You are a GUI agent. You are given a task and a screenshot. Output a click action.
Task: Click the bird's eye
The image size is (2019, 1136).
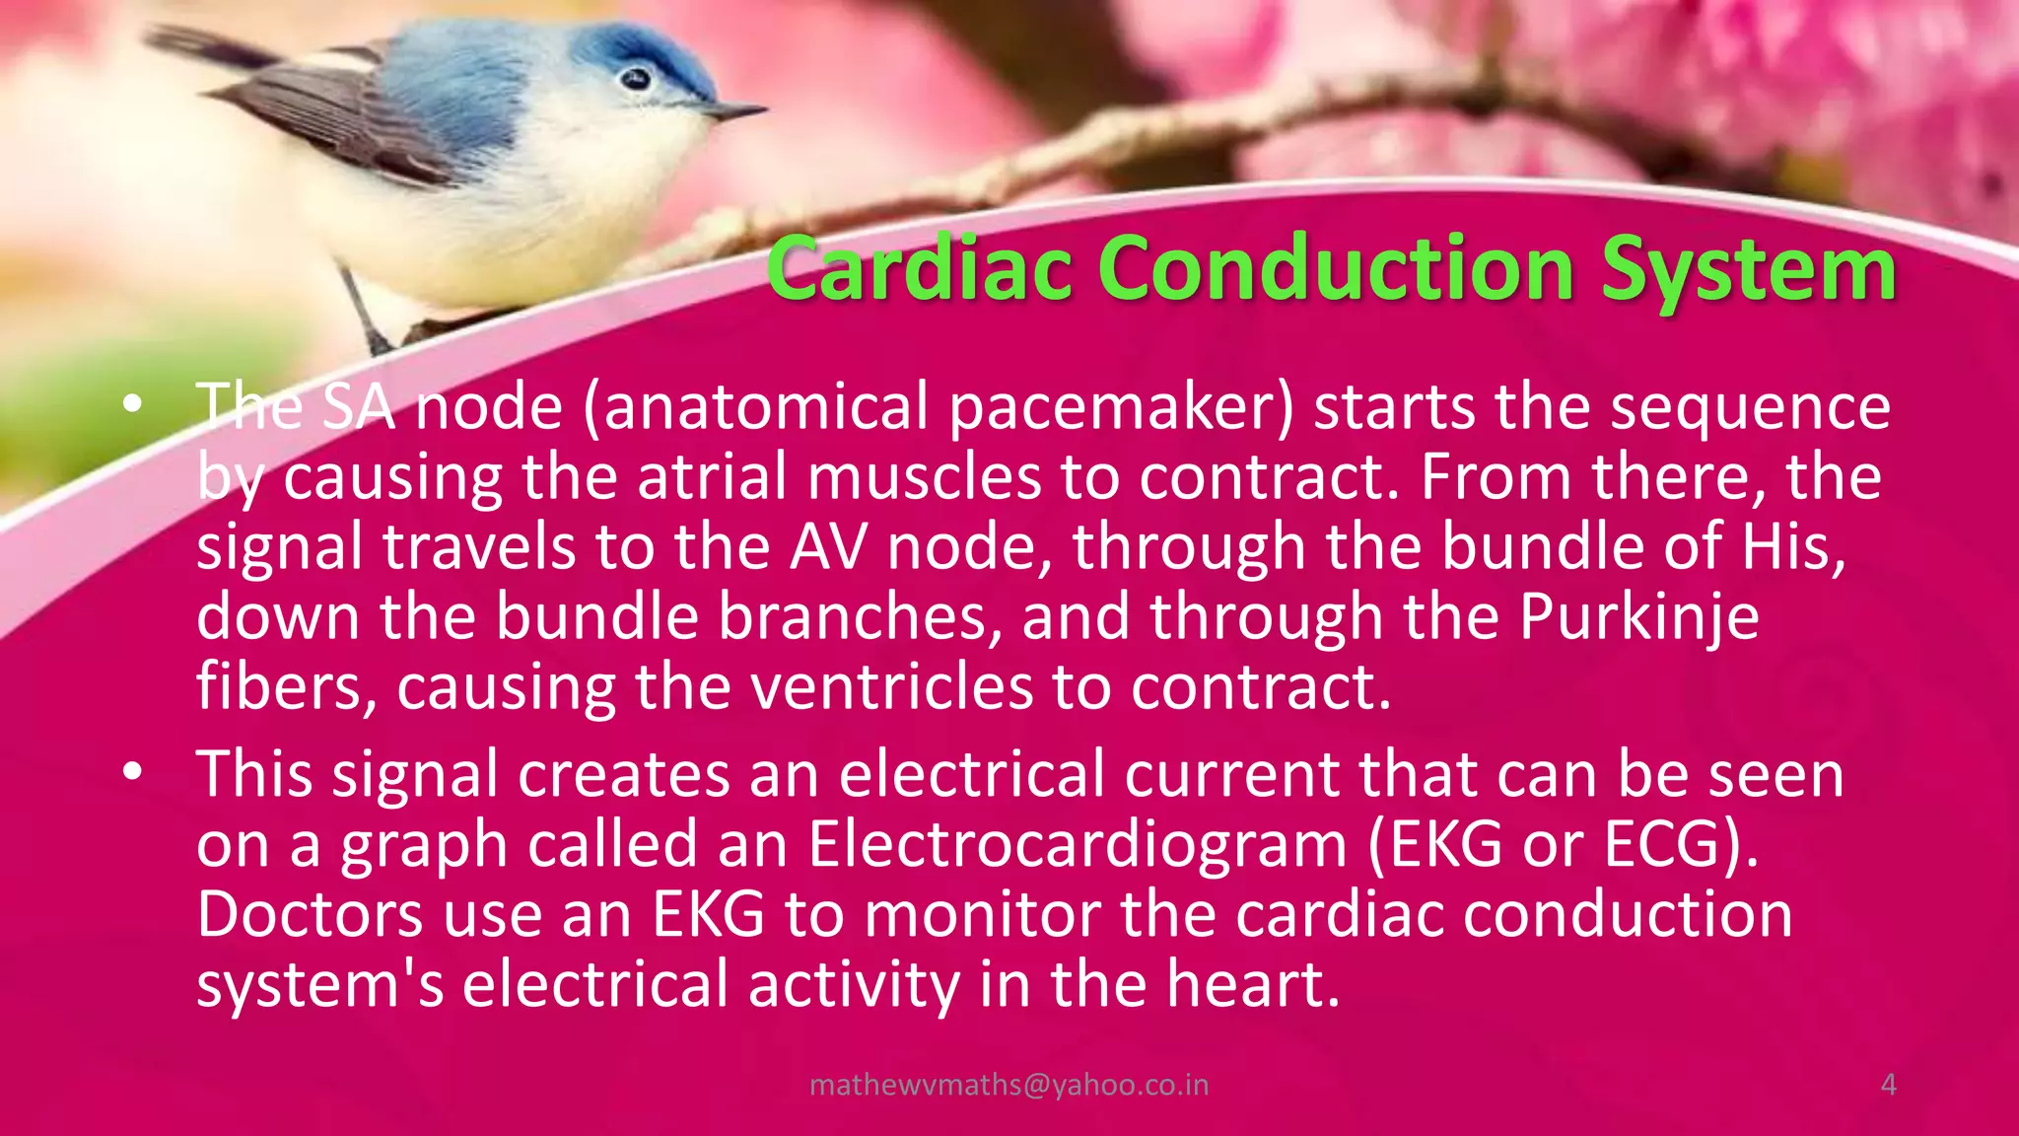[x=637, y=78]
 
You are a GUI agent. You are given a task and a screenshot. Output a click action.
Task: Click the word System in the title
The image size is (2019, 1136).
[x=1748, y=269]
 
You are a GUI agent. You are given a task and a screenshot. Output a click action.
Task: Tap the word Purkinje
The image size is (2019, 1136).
[x=1638, y=617]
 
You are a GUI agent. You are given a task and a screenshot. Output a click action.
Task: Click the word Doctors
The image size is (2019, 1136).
[x=310, y=915]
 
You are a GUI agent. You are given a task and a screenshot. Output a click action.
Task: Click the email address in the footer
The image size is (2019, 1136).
[x=1009, y=1085]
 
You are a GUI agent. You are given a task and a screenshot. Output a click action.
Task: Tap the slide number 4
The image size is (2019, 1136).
[x=1889, y=1085]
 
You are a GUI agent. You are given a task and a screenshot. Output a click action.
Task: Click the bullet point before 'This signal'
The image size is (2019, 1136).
[x=133, y=773]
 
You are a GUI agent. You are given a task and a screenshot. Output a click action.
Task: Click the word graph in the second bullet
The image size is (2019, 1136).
[x=424, y=846]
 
